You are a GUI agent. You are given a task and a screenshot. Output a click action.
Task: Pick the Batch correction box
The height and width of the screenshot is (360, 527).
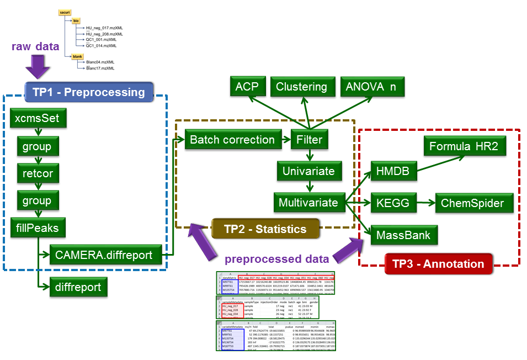232,140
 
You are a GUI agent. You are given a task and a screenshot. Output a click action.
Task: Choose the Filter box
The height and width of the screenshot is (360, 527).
310,140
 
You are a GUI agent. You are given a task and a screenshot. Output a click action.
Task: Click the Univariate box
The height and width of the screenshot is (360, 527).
308,171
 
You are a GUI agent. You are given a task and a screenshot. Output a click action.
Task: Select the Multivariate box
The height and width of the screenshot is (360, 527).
308,203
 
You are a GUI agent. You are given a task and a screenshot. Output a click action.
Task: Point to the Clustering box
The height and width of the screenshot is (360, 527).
302,87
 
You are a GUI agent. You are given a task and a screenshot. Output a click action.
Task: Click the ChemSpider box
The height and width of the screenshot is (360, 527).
472,203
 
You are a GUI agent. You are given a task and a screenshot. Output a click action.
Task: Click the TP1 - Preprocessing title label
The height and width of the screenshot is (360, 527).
88,92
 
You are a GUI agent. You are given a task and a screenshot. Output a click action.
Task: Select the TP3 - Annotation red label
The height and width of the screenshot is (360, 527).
438,263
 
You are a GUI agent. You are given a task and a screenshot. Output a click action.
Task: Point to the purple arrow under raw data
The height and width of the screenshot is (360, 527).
36,67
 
